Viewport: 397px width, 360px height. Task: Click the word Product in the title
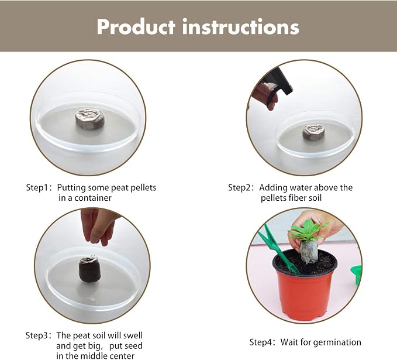pos(136,26)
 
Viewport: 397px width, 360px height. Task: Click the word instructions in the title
pos(241,26)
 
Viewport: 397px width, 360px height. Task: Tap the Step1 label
pos(37,187)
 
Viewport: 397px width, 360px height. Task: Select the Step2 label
pos(239,187)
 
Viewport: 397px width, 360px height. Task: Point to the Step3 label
pos(37,335)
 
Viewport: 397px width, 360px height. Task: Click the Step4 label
pos(261,342)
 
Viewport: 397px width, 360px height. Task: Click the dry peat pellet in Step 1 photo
pos(89,118)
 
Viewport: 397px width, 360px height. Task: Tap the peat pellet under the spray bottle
pos(314,132)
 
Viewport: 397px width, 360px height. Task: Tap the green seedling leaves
pos(308,231)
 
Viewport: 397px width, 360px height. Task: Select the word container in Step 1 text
pos(93,198)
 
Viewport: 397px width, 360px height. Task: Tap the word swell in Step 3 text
pos(133,335)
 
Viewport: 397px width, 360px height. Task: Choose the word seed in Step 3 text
pos(133,346)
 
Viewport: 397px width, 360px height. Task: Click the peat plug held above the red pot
pos(309,252)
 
